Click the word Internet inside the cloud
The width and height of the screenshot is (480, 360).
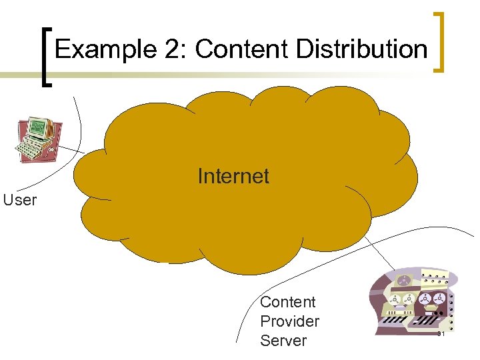click(x=233, y=176)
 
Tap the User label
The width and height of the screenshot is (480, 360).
click(x=19, y=200)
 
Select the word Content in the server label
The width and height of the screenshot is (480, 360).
click(x=287, y=302)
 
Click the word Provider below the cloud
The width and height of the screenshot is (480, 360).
click(x=289, y=321)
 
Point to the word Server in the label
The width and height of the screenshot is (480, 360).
click(x=283, y=341)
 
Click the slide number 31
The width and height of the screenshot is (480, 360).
click(x=441, y=333)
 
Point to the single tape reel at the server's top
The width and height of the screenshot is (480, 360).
click(x=404, y=280)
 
